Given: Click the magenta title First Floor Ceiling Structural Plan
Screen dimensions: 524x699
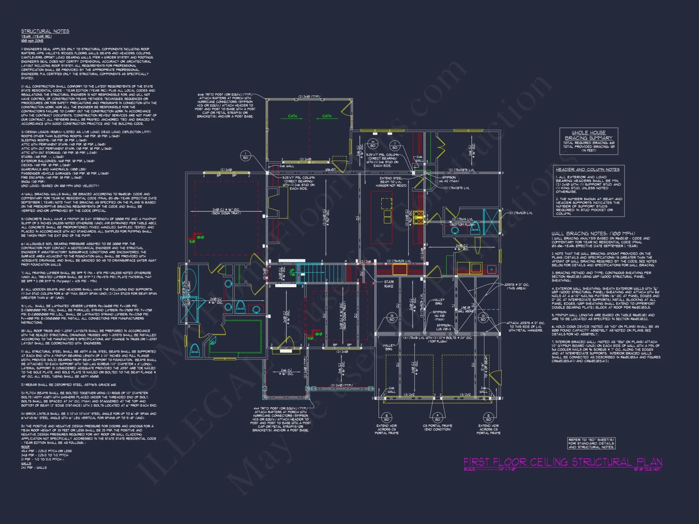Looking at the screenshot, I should (x=563, y=462).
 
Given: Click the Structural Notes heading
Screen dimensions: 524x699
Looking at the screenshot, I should (x=45, y=31).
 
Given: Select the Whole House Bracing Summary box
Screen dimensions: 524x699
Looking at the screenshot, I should (x=589, y=141).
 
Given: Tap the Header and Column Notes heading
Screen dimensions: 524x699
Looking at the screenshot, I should (x=588, y=169).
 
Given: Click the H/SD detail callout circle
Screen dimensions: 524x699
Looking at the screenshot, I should (x=373, y=144).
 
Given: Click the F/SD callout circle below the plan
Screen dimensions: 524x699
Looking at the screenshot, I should (x=438, y=417).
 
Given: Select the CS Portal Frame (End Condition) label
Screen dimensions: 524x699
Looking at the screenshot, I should (x=438, y=428).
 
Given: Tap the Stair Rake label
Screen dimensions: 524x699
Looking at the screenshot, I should (x=389, y=284).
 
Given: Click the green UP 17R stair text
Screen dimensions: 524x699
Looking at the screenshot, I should (x=292, y=272).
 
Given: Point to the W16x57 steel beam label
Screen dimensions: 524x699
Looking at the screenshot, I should (x=330, y=170).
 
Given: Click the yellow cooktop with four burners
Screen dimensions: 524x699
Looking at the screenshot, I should (x=418, y=217).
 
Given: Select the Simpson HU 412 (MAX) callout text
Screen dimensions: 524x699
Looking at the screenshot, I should (x=449, y=179).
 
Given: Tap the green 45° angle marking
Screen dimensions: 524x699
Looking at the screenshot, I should (x=213, y=343).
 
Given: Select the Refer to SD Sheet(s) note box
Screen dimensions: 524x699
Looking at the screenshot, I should (x=591, y=443).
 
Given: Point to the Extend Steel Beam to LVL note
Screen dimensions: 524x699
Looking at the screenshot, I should (x=393, y=182).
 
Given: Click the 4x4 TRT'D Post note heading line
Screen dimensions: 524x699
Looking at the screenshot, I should (x=280, y=408).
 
